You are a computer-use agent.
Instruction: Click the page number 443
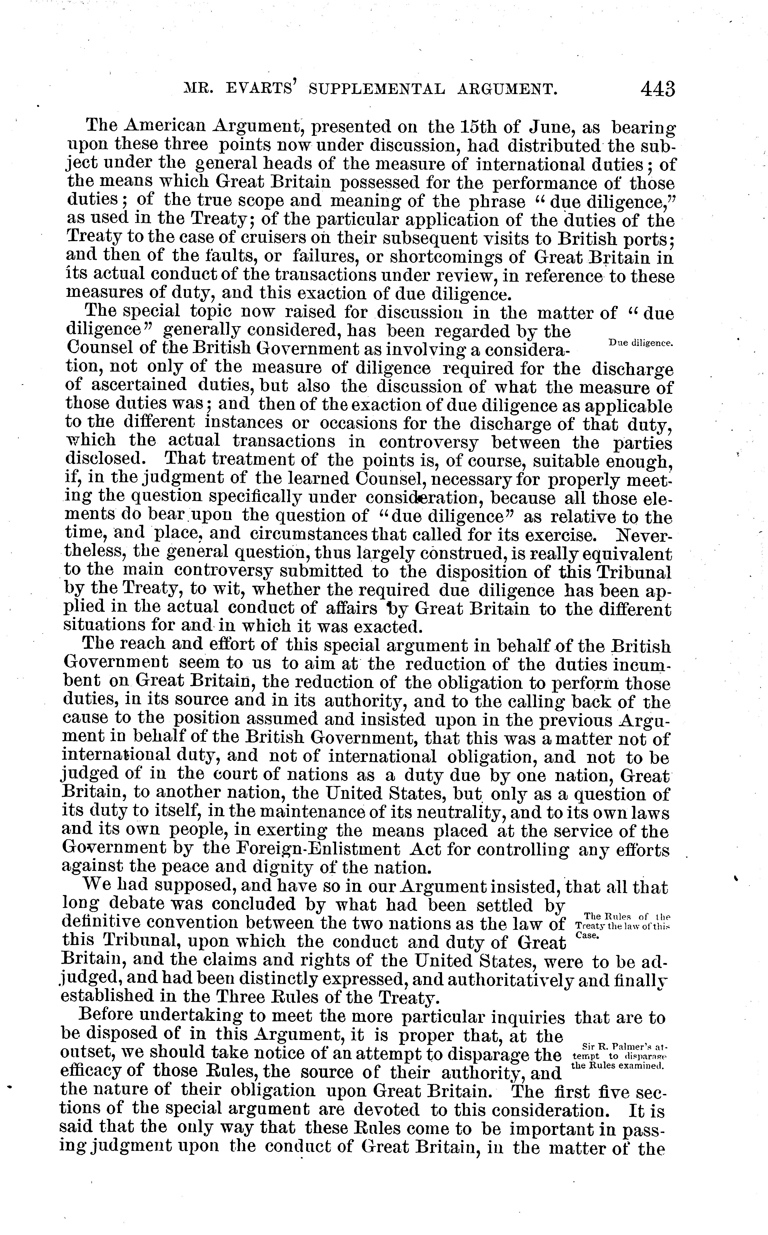click(x=658, y=89)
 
